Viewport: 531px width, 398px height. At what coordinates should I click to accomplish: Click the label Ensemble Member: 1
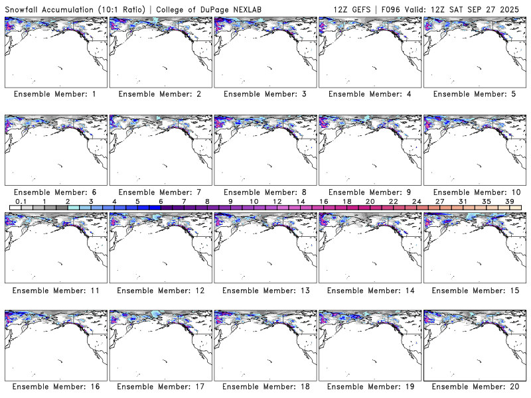click(54, 94)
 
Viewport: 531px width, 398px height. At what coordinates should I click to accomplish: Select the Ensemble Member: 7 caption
click(159, 192)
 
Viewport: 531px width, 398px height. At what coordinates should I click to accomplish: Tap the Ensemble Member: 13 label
click(264, 291)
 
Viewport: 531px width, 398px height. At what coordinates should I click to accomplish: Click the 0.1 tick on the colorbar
click(21, 201)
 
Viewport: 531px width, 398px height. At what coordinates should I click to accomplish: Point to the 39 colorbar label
click(509, 201)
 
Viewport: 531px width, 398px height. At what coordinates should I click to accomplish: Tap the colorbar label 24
click(416, 201)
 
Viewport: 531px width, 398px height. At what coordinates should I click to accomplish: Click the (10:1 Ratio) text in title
click(120, 9)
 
